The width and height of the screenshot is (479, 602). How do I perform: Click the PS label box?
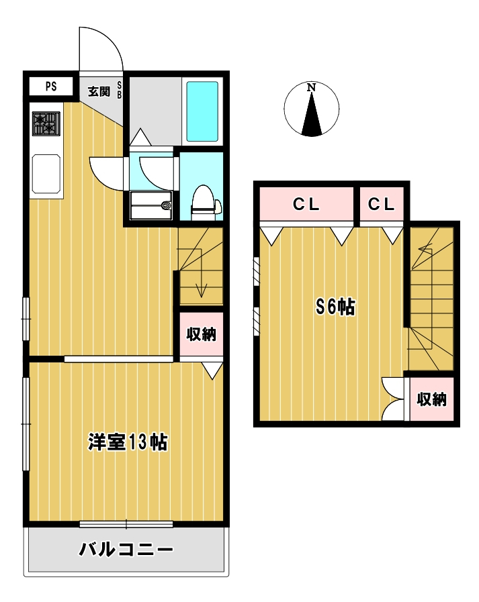coord(51,87)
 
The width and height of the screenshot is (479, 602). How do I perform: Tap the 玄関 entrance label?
coord(99,91)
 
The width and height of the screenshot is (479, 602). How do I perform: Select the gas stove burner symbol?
coord(46,123)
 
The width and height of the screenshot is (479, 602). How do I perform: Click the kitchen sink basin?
coord(46,174)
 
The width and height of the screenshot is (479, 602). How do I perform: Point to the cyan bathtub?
coord(202,111)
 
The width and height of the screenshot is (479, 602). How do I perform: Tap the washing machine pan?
coord(151,205)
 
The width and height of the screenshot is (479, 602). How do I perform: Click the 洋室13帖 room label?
coord(128,442)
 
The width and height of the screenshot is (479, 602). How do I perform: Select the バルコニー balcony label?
coord(126,550)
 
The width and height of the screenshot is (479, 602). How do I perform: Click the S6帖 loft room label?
coord(336,307)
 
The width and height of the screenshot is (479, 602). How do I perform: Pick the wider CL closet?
coord(306,204)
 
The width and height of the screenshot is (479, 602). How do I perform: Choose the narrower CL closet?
coord(382,204)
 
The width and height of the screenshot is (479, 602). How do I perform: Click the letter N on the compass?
coord(312,87)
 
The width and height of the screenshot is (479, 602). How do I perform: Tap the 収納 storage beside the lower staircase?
coord(202,334)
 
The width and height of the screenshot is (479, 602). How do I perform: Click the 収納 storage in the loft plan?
coord(432,399)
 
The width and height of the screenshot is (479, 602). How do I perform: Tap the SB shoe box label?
coord(119,90)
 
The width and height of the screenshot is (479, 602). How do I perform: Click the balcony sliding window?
coord(126,524)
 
